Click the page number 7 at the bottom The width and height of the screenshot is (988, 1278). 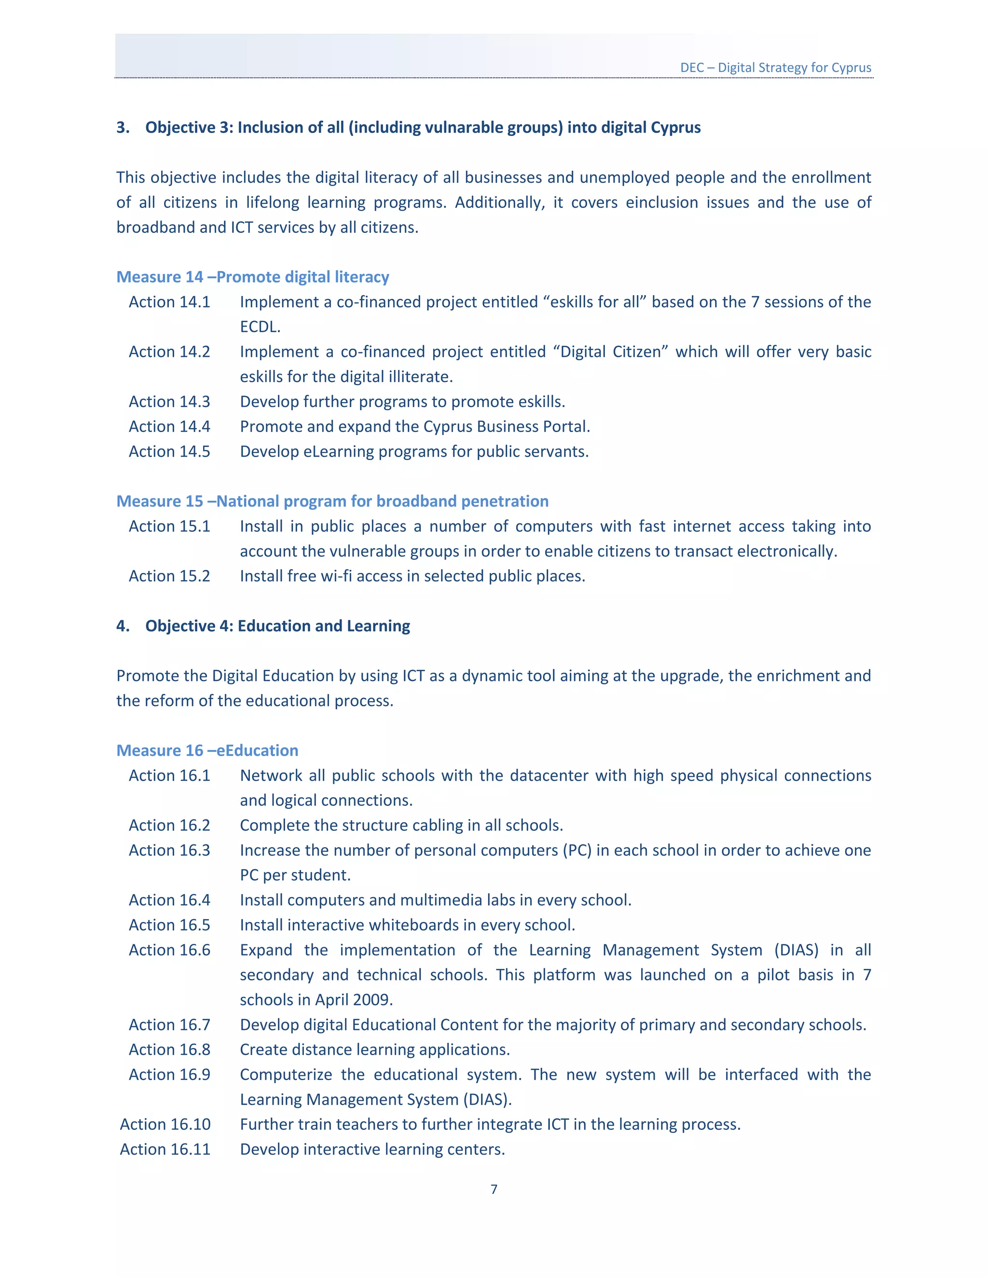tap(494, 1189)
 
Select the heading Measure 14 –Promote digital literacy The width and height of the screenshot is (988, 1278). tap(252, 277)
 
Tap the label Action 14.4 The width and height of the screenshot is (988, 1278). tap(169, 427)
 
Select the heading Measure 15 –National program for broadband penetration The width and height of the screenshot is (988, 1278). tap(332, 502)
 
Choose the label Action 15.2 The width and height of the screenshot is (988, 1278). tap(169, 576)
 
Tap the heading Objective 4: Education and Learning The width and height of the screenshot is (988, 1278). tap(277, 626)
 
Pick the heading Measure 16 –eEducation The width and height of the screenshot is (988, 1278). tap(207, 751)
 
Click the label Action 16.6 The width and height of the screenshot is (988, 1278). tap(169, 951)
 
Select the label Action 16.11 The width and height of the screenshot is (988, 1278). tap(165, 1150)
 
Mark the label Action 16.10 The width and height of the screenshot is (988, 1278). tap(165, 1125)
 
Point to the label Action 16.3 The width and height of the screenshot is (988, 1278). tap(169, 850)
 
